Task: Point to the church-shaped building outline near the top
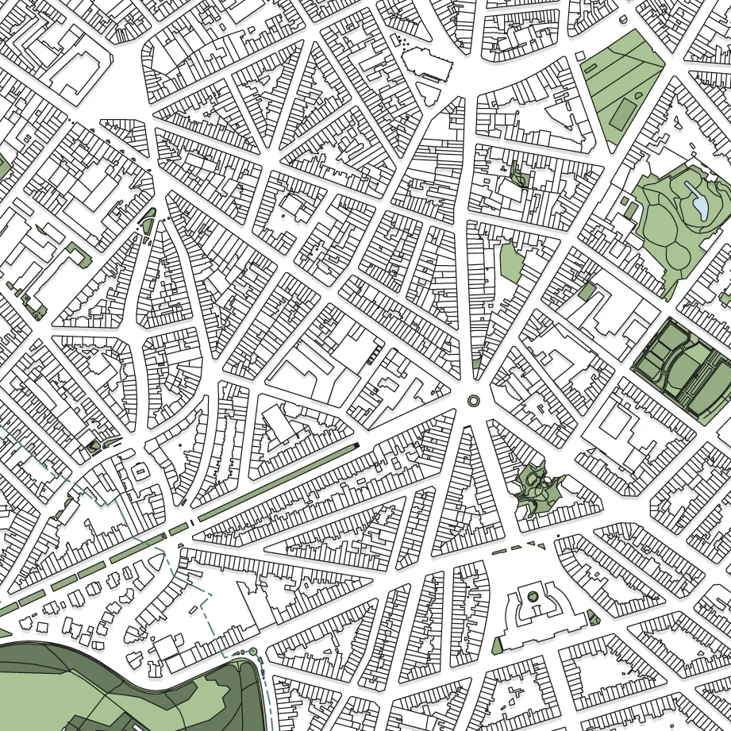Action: [x=424, y=62]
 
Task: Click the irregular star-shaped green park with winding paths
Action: [x=540, y=488]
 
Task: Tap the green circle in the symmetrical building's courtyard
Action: [x=533, y=596]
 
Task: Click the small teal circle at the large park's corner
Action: [x=252, y=652]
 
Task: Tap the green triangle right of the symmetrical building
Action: [x=594, y=619]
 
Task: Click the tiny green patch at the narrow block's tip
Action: [x=475, y=364]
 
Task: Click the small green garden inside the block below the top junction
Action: [x=519, y=175]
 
